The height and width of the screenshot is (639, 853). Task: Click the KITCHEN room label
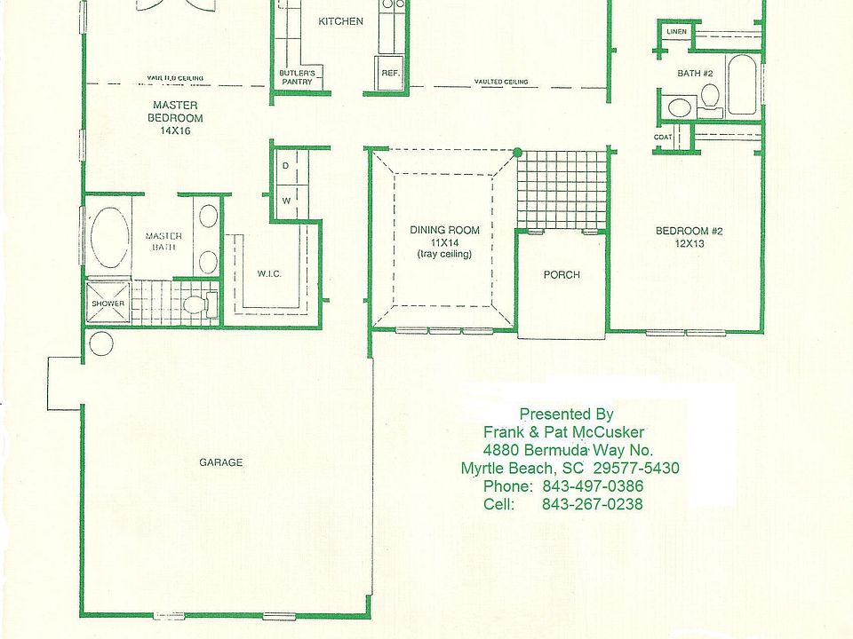pyautogui.click(x=341, y=21)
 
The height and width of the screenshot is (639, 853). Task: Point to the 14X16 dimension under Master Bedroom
pyautogui.click(x=175, y=130)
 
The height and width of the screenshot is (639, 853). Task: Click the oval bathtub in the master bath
pyautogui.click(x=108, y=239)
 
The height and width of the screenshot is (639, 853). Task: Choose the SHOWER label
pyautogui.click(x=108, y=304)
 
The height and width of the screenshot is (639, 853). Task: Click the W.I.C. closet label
pyautogui.click(x=269, y=273)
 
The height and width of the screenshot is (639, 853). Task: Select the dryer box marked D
pyautogui.click(x=286, y=166)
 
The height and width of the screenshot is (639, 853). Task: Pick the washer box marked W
pyautogui.click(x=286, y=201)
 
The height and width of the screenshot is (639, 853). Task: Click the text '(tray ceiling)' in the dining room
pyautogui.click(x=445, y=255)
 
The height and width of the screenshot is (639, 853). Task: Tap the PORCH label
pyautogui.click(x=562, y=275)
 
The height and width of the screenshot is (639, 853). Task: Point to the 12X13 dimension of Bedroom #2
pyautogui.click(x=689, y=244)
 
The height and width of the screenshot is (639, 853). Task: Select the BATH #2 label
pyautogui.click(x=695, y=73)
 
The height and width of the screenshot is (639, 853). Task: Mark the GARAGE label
pyautogui.click(x=220, y=462)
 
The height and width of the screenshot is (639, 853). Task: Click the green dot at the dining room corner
pyautogui.click(x=517, y=153)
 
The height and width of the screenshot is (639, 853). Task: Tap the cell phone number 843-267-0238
pyautogui.click(x=592, y=504)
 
